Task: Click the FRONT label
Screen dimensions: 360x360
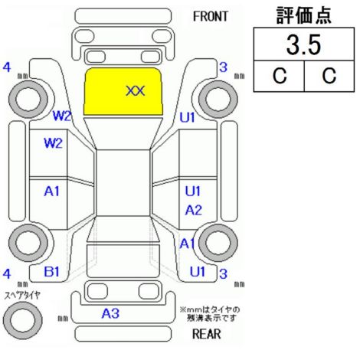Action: point(210,17)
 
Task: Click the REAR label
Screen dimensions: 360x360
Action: point(206,334)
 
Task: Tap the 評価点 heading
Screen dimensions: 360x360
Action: point(303,15)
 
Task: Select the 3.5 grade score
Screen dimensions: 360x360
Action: point(303,45)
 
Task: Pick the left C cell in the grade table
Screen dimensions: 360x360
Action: point(280,76)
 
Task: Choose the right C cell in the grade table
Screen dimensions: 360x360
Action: point(329,76)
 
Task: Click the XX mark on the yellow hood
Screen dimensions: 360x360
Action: point(136,91)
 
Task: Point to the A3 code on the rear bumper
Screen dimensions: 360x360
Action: point(110,313)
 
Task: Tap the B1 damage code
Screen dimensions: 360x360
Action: point(52,272)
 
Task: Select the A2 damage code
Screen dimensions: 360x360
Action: point(193,211)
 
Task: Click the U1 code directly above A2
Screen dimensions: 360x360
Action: point(193,191)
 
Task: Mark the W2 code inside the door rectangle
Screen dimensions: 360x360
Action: point(54,143)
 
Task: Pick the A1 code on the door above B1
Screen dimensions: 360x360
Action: point(52,191)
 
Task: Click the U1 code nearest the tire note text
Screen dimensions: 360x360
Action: point(198,272)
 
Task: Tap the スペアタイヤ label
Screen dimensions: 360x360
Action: point(22,296)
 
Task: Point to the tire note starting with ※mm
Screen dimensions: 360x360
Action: point(210,314)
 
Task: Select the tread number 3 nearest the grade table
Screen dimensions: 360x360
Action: point(223,67)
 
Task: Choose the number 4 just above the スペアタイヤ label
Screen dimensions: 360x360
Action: point(7,273)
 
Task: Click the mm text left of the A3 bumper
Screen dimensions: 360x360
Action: point(63,319)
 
